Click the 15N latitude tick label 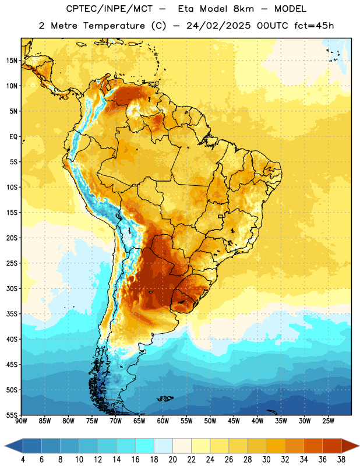click(x=11, y=61)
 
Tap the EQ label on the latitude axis click(x=13, y=137)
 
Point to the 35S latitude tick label click(x=11, y=314)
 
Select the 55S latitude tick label click(x=11, y=415)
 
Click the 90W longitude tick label click(x=21, y=421)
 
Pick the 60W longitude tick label click(x=163, y=421)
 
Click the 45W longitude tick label click(x=234, y=421)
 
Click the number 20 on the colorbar click(x=172, y=460)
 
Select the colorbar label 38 click(x=341, y=460)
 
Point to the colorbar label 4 click(x=23, y=460)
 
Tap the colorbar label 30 click(x=266, y=460)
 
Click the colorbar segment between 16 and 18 click(x=145, y=446)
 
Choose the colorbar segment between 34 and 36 click(x=313, y=446)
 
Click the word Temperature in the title click(x=114, y=26)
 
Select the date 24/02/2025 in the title click(x=218, y=26)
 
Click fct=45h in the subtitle click(x=314, y=26)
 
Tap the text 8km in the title click(x=243, y=9)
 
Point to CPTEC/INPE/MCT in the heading click(x=109, y=9)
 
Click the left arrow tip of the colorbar click(x=5, y=446)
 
